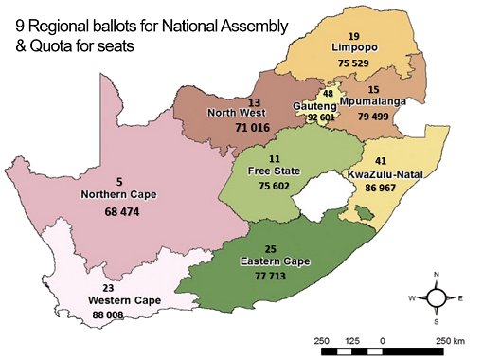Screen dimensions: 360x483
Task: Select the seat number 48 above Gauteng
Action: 328,94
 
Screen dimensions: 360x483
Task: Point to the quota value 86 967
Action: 384,189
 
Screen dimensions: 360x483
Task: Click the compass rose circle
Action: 437,297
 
